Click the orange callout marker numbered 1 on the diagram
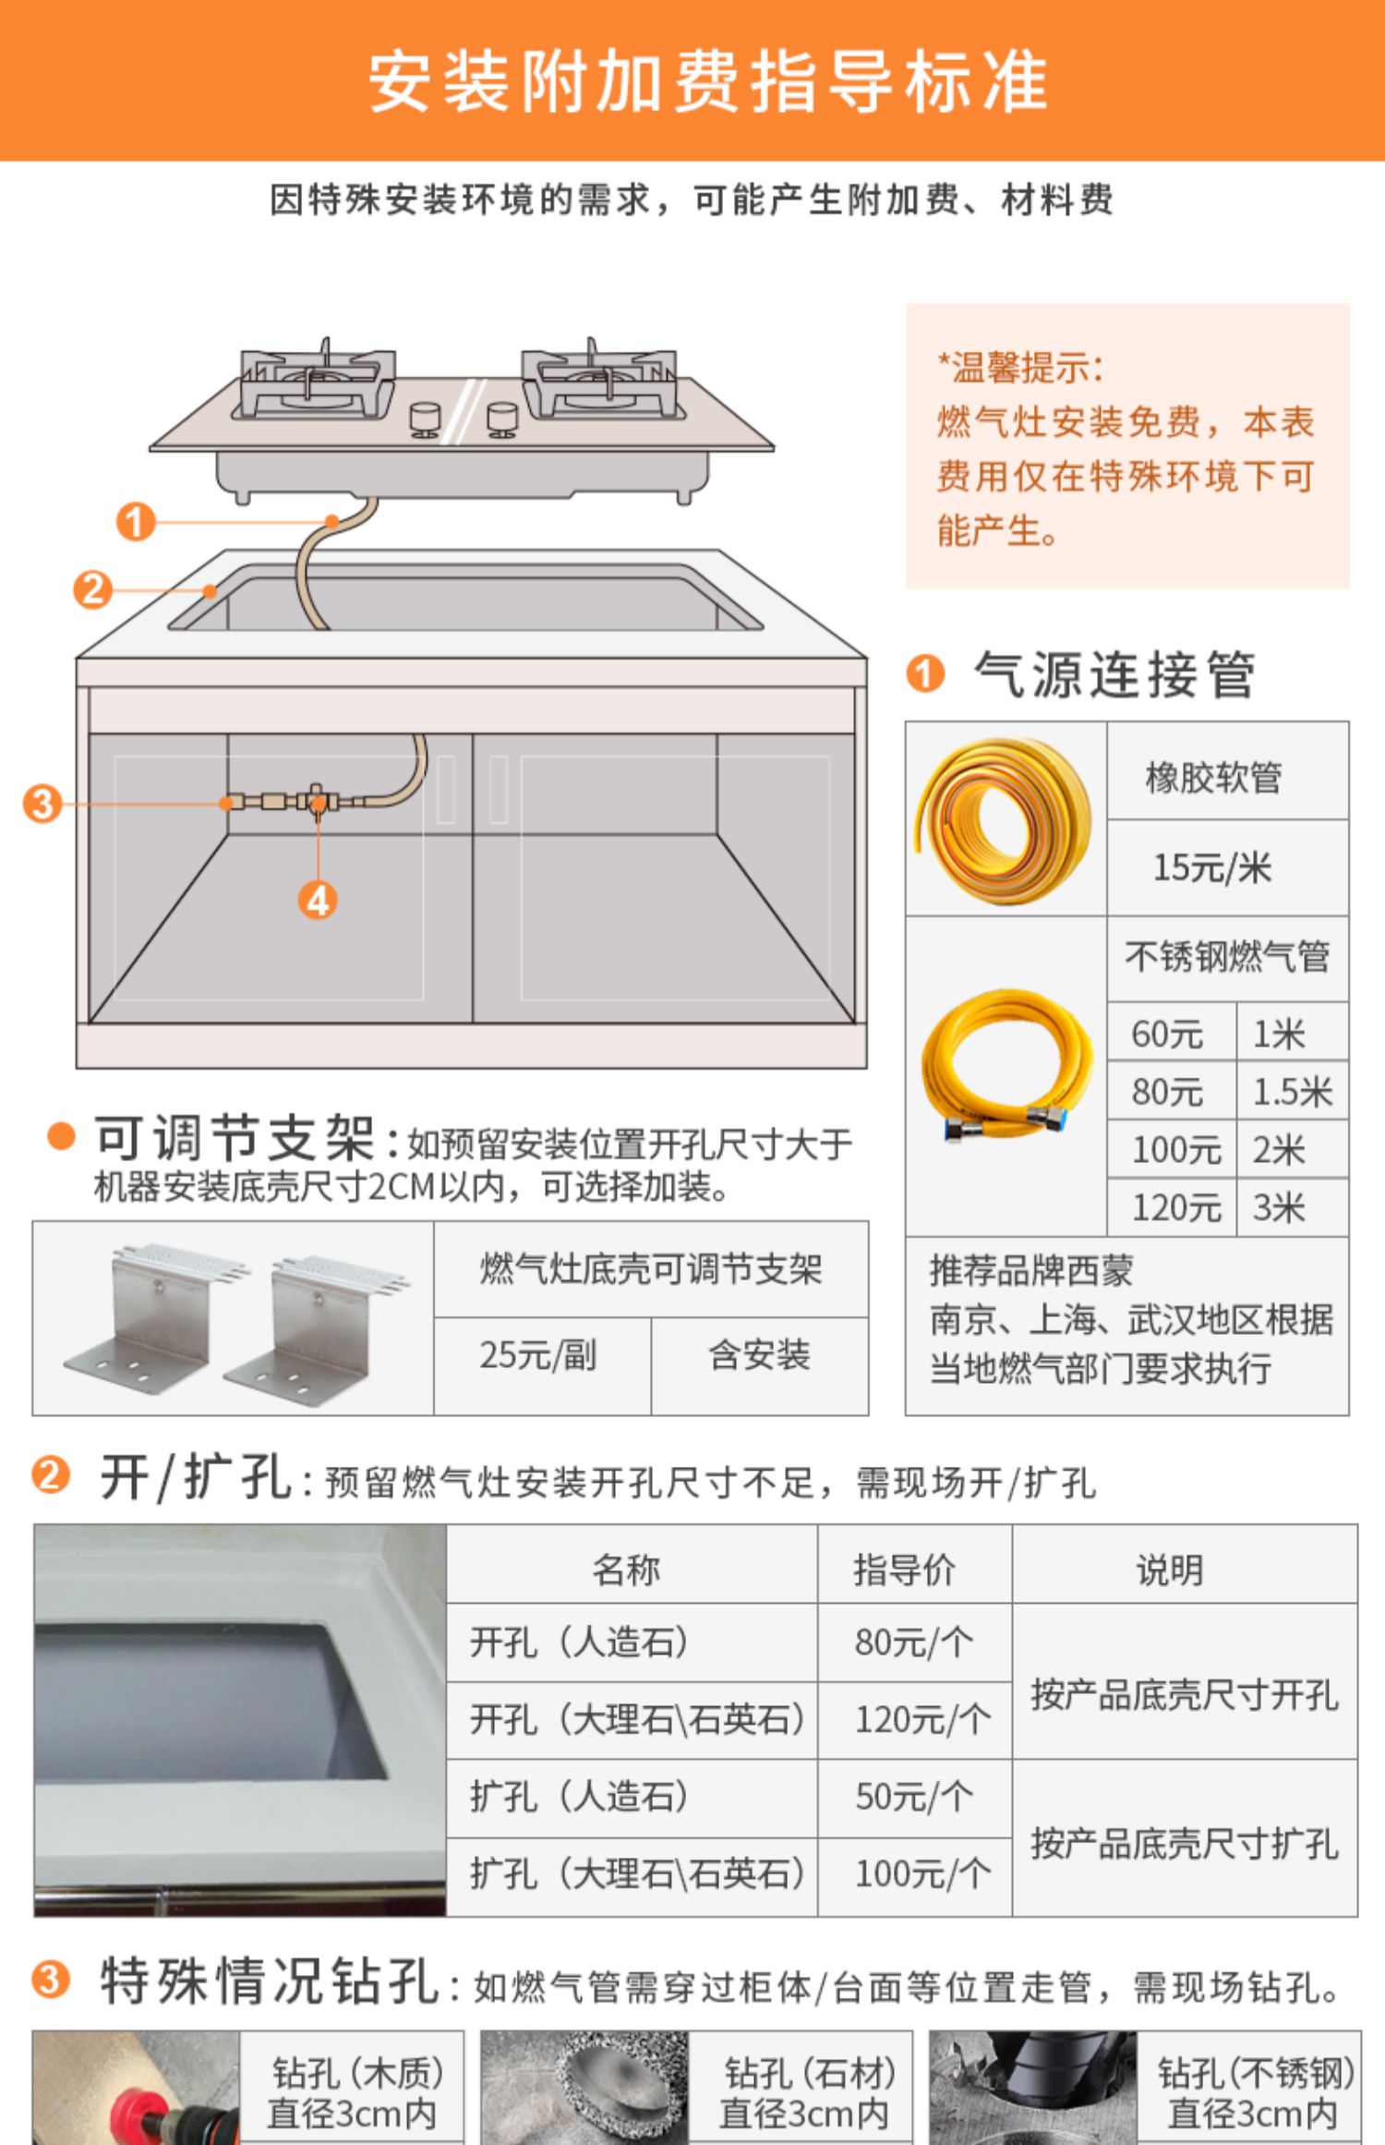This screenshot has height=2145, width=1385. pyautogui.click(x=135, y=522)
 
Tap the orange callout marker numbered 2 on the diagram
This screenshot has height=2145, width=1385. pyautogui.click(x=92, y=589)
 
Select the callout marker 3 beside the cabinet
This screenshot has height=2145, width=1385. pyautogui.click(x=42, y=804)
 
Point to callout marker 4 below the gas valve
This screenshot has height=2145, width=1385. pyautogui.click(x=318, y=900)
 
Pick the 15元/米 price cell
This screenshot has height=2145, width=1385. pyautogui.click(x=1212, y=867)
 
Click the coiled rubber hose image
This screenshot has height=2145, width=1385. pyautogui.click(x=1003, y=820)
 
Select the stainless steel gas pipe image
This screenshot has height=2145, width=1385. pyautogui.click(x=1008, y=1066)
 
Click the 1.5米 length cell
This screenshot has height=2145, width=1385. pyautogui.click(x=1292, y=1092)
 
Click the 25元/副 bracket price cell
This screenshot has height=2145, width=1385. pyautogui.click(x=537, y=1355)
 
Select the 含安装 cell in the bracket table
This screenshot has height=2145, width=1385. pyautogui.click(x=759, y=1355)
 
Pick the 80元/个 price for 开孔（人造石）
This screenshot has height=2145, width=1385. pyautogui.click(x=913, y=1642)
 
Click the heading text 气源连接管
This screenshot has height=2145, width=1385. pyautogui.click(x=1114, y=674)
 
